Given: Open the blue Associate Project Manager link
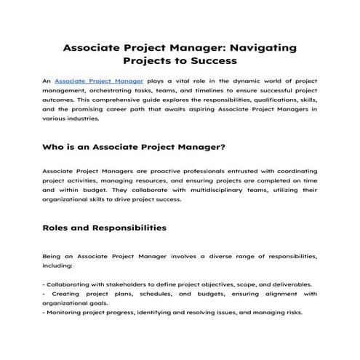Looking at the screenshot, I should pos(99,81).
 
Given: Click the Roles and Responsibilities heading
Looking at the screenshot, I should pos(105,228).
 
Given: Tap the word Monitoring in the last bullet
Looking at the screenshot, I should pos(65,313).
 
